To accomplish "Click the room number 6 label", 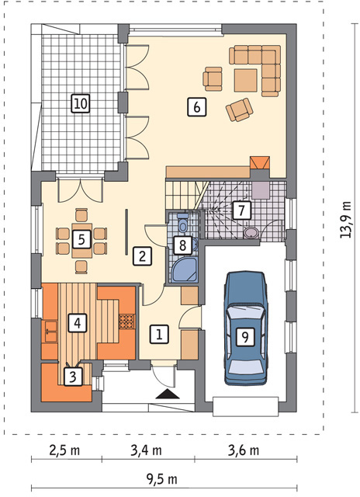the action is click(x=196, y=107).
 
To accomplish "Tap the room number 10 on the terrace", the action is click(x=81, y=103).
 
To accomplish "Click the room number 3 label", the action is click(x=73, y=377).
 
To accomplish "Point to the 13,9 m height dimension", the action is click(x=346, y=220).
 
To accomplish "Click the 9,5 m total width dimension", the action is click(x=161, y=480).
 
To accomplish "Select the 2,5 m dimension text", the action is click(x=65, y=450).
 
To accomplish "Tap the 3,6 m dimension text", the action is click(x=244, y=450).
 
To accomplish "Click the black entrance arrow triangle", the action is click(x=168, y=394).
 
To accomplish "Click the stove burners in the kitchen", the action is click(x=126, y=321).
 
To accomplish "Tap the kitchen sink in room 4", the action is click(x=50, y=332).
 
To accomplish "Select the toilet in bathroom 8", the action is click(x=182, y=223).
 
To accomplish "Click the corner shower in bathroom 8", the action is click(x=185, y=270).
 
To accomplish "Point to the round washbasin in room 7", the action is click(x=251, y=233).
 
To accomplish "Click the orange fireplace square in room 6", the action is click(x=260, y=163).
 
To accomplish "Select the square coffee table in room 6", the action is click(x=246, y=81).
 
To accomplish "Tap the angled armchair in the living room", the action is click(x=240, y=109).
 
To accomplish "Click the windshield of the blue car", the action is click(x=245, y=314).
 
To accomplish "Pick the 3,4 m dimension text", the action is click(x=147, y=450).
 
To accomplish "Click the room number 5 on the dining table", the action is click(x=81, y=240).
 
